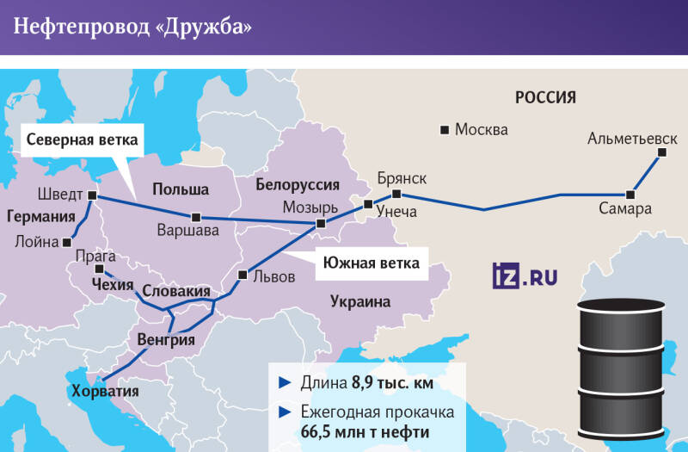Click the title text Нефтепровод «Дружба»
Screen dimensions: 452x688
[x=132, y=28]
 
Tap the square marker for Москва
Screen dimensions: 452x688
[x=445, y=130]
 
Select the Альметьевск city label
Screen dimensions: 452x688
[x=632, y=139]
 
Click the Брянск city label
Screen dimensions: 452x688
[x=402, y=178]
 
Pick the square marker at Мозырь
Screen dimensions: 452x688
[x=321, y=224]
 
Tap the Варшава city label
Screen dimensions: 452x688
[x=181, y=231]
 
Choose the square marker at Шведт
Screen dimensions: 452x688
[x=93, y=195]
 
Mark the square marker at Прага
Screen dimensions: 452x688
[x=96, y=269]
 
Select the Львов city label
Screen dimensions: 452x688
[x=274, y=276]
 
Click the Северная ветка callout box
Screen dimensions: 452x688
[x=82, y=139]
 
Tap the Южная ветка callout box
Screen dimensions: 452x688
[x=372, y=263]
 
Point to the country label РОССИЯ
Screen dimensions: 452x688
[x=545, y=97]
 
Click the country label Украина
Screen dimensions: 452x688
[x=359, y=302]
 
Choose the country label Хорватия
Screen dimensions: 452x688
[x=105, y=391]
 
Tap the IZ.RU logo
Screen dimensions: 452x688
[x=525, y=276]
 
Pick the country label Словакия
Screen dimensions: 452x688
[x=176, y=292]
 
